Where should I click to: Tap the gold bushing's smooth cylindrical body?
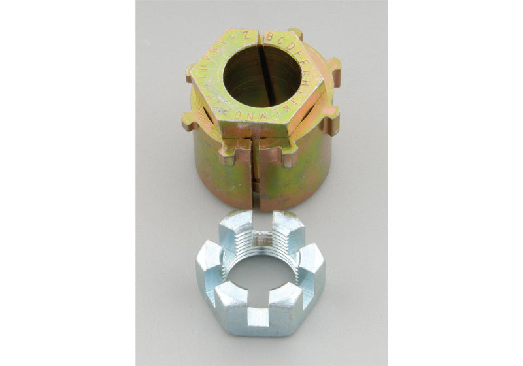[x=222, y=170]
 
